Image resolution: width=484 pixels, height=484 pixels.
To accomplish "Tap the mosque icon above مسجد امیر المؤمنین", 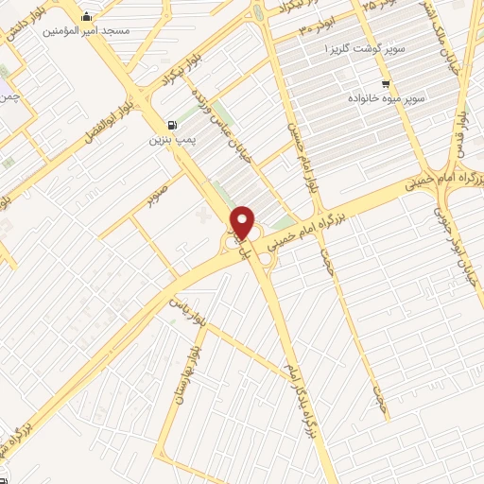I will [88, 16].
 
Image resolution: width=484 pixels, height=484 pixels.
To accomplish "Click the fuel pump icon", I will [170, 125].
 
